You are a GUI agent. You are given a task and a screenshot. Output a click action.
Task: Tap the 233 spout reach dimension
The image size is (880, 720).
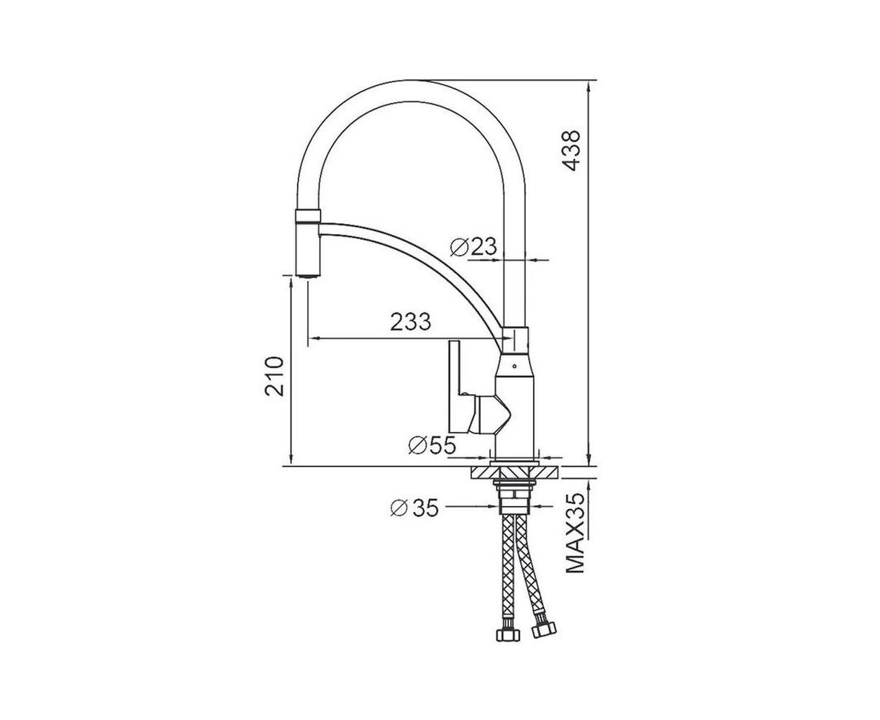click(x=411, y=322)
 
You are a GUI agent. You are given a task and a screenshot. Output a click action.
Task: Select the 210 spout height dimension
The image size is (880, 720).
click(x=275, y=377)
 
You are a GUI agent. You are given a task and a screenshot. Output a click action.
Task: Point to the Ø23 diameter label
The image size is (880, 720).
click(x=473, y=247)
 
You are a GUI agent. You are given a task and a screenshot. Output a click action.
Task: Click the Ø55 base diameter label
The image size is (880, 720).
click(x=432, y=446)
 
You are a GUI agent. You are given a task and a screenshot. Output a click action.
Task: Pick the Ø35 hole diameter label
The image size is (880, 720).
click(x=414, y=508)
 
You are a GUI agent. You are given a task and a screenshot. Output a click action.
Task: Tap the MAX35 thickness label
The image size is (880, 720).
click(x=575, y=534)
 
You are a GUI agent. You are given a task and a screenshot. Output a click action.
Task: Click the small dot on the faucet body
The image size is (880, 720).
click(x=514, y=366)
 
